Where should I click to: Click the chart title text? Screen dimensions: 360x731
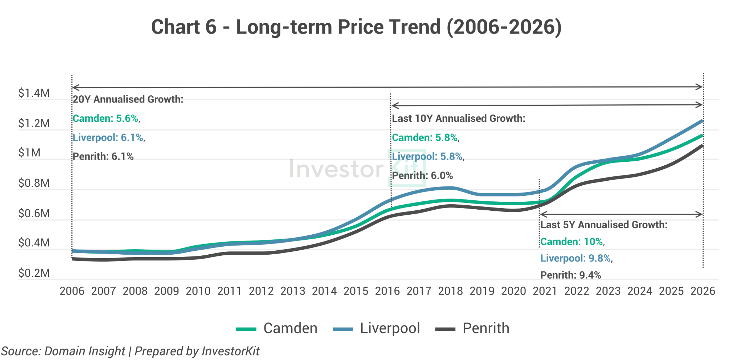(x=356, y=27)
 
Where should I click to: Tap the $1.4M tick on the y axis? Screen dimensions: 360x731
(x=34, y=93)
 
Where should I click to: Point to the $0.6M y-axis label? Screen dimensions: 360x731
(x=34, y=214)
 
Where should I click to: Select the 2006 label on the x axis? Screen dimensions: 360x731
(x=72, y=291)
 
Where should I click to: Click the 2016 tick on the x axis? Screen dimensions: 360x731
(x=387, y=291)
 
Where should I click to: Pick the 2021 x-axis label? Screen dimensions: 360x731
(x=545, y=291)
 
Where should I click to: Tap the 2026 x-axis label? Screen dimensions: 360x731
(x=702, y=291)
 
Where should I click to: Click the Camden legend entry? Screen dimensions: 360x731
(x=277, y=328)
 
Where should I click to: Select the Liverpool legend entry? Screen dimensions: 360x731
(x=377, y=328)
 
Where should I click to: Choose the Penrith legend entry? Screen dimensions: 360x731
(x=473, y=328)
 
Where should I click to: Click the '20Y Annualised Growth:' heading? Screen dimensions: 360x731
(x=128, y=99)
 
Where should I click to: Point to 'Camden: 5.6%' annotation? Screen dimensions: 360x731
(x=106, y=119)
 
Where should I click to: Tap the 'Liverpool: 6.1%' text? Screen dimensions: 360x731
(x=108, y=137)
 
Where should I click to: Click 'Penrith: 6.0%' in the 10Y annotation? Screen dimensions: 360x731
(x=423, y=176)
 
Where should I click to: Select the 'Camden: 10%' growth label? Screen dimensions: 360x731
(x=572, y=242)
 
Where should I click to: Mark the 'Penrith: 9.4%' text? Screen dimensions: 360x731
(x=571, y=275)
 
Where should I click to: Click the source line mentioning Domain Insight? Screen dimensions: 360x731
(x=130, y=351)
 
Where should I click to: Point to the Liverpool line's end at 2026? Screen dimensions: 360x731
(x=702, y=121)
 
